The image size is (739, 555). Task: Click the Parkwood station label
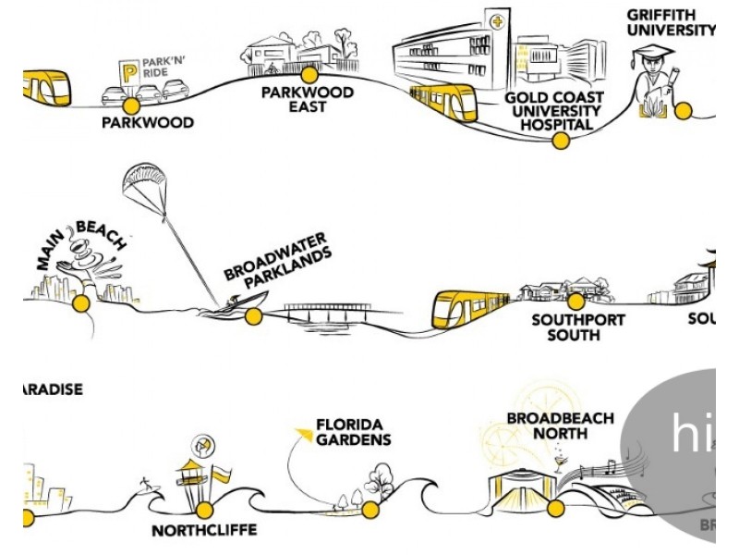click(148, 122)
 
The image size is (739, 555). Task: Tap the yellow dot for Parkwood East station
click(309, 74)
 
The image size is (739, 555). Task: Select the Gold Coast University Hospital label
click(554, 111)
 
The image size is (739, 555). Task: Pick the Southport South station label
click(578, 327)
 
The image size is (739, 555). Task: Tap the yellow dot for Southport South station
click(575, 301)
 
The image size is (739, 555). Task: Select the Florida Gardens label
click(352, 432)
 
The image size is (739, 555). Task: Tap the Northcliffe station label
click(204, 531)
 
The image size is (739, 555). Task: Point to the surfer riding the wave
click(145, 483)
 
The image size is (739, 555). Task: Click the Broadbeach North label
click(560, 425)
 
